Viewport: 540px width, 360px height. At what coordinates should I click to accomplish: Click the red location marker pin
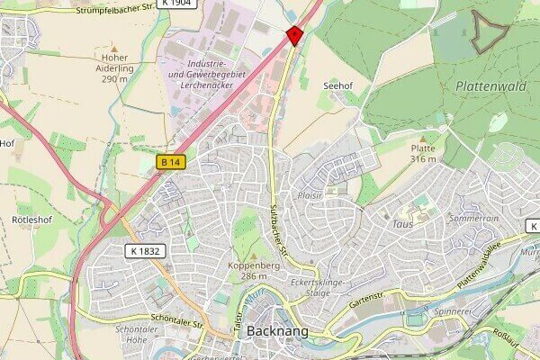[x=293, y=35]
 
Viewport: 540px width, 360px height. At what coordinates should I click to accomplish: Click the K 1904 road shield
[x=176, y=4]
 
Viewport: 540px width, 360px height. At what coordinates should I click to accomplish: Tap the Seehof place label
[x=337, y=85]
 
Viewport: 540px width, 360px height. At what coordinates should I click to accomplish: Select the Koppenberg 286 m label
[x=253, y=270]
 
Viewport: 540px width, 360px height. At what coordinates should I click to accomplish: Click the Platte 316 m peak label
[x=423, y=153]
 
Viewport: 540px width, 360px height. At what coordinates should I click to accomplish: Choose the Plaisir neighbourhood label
[x=309, y=193]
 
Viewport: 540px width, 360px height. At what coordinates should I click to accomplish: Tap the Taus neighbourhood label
[x=402, y=222]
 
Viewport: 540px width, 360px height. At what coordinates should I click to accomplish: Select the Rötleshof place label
[x=32, y=219]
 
